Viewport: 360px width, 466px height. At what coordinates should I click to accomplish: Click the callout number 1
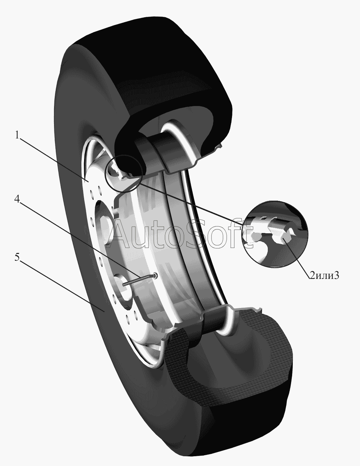click(x=17, y=135)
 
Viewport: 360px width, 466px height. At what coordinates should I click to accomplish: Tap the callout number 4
click(x=17, y=200)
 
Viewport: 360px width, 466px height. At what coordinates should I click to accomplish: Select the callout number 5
click(x=17, y=257)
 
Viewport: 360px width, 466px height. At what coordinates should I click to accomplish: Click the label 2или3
click(x=324, y=276)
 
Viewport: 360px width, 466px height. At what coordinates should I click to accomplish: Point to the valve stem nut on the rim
click(x=155, y=276)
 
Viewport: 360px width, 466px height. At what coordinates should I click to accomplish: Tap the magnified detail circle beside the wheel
click(x=276, y=234)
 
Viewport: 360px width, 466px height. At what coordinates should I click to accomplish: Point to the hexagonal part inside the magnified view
click(x=283, y=237)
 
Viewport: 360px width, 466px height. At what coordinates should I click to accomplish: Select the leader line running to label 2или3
click(x=297, y=257)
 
